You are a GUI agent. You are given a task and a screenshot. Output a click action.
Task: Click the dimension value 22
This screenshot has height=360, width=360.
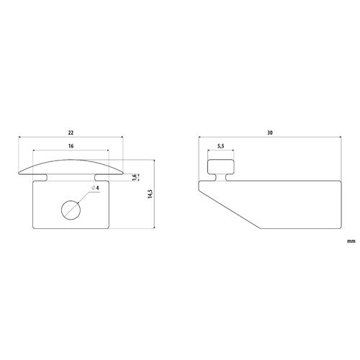coord(71,133)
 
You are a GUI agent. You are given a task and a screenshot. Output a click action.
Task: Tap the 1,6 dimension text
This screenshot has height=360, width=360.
coord(134,178)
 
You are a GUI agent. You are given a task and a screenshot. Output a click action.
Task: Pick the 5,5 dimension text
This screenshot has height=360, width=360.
coord(220,147)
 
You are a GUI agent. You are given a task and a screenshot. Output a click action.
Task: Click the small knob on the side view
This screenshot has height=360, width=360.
coord(220,168)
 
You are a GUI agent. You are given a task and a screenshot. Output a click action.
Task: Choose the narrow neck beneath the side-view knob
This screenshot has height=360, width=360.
coord(220,177)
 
